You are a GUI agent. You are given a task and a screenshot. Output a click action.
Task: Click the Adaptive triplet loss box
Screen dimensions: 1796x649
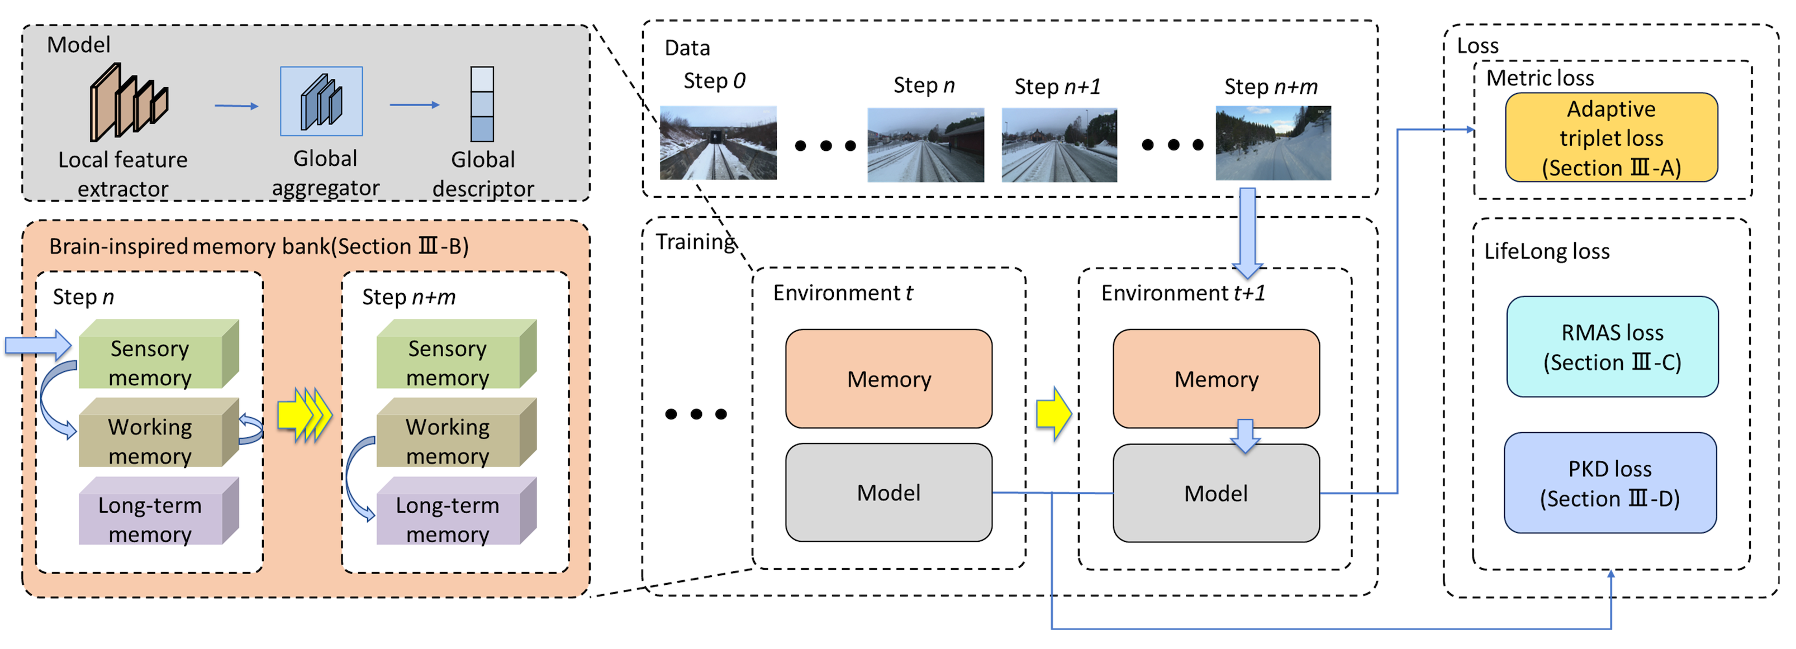coord(1611,137)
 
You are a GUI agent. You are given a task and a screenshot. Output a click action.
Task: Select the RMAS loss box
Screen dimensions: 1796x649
coord(1612,346)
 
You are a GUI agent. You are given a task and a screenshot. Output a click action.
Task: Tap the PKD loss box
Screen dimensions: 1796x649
coord(1610,483)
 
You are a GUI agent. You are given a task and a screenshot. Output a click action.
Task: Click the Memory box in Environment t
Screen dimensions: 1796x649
coord(889,379)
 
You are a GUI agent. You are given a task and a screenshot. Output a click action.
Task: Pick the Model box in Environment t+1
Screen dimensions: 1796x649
coord(1216,493)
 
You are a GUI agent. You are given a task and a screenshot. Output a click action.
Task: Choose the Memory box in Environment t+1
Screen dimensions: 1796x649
coord(1216,379)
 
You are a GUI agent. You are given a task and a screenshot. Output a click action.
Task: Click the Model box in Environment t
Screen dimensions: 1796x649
coord(889,492)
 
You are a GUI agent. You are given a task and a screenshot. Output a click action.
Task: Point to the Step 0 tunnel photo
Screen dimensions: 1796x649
coord(718,143)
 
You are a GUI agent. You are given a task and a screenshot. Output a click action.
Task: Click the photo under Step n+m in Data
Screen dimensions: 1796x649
coord(1273,143)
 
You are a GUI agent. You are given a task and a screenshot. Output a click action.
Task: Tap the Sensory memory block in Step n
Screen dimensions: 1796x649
coord(159,354)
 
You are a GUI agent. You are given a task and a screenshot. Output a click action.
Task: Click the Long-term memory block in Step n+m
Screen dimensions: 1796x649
coord(457,511)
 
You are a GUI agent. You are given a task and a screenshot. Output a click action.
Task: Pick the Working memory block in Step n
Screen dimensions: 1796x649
coord(159,432)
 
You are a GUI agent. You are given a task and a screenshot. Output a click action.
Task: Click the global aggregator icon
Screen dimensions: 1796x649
coord(321,101)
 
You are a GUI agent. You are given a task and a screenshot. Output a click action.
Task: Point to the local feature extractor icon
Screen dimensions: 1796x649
coord(129,102)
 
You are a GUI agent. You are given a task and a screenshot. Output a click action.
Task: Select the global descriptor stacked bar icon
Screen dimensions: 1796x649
coord(482,104)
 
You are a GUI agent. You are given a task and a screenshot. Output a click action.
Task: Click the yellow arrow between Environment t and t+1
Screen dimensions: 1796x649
coord(1053,414)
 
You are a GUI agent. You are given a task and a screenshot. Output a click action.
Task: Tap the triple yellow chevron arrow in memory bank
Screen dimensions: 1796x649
coord(305,416)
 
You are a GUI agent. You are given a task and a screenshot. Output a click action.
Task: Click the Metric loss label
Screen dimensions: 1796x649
coord(1540,78)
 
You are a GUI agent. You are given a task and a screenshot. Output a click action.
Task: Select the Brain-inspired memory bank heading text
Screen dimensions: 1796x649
coord(259,246)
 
